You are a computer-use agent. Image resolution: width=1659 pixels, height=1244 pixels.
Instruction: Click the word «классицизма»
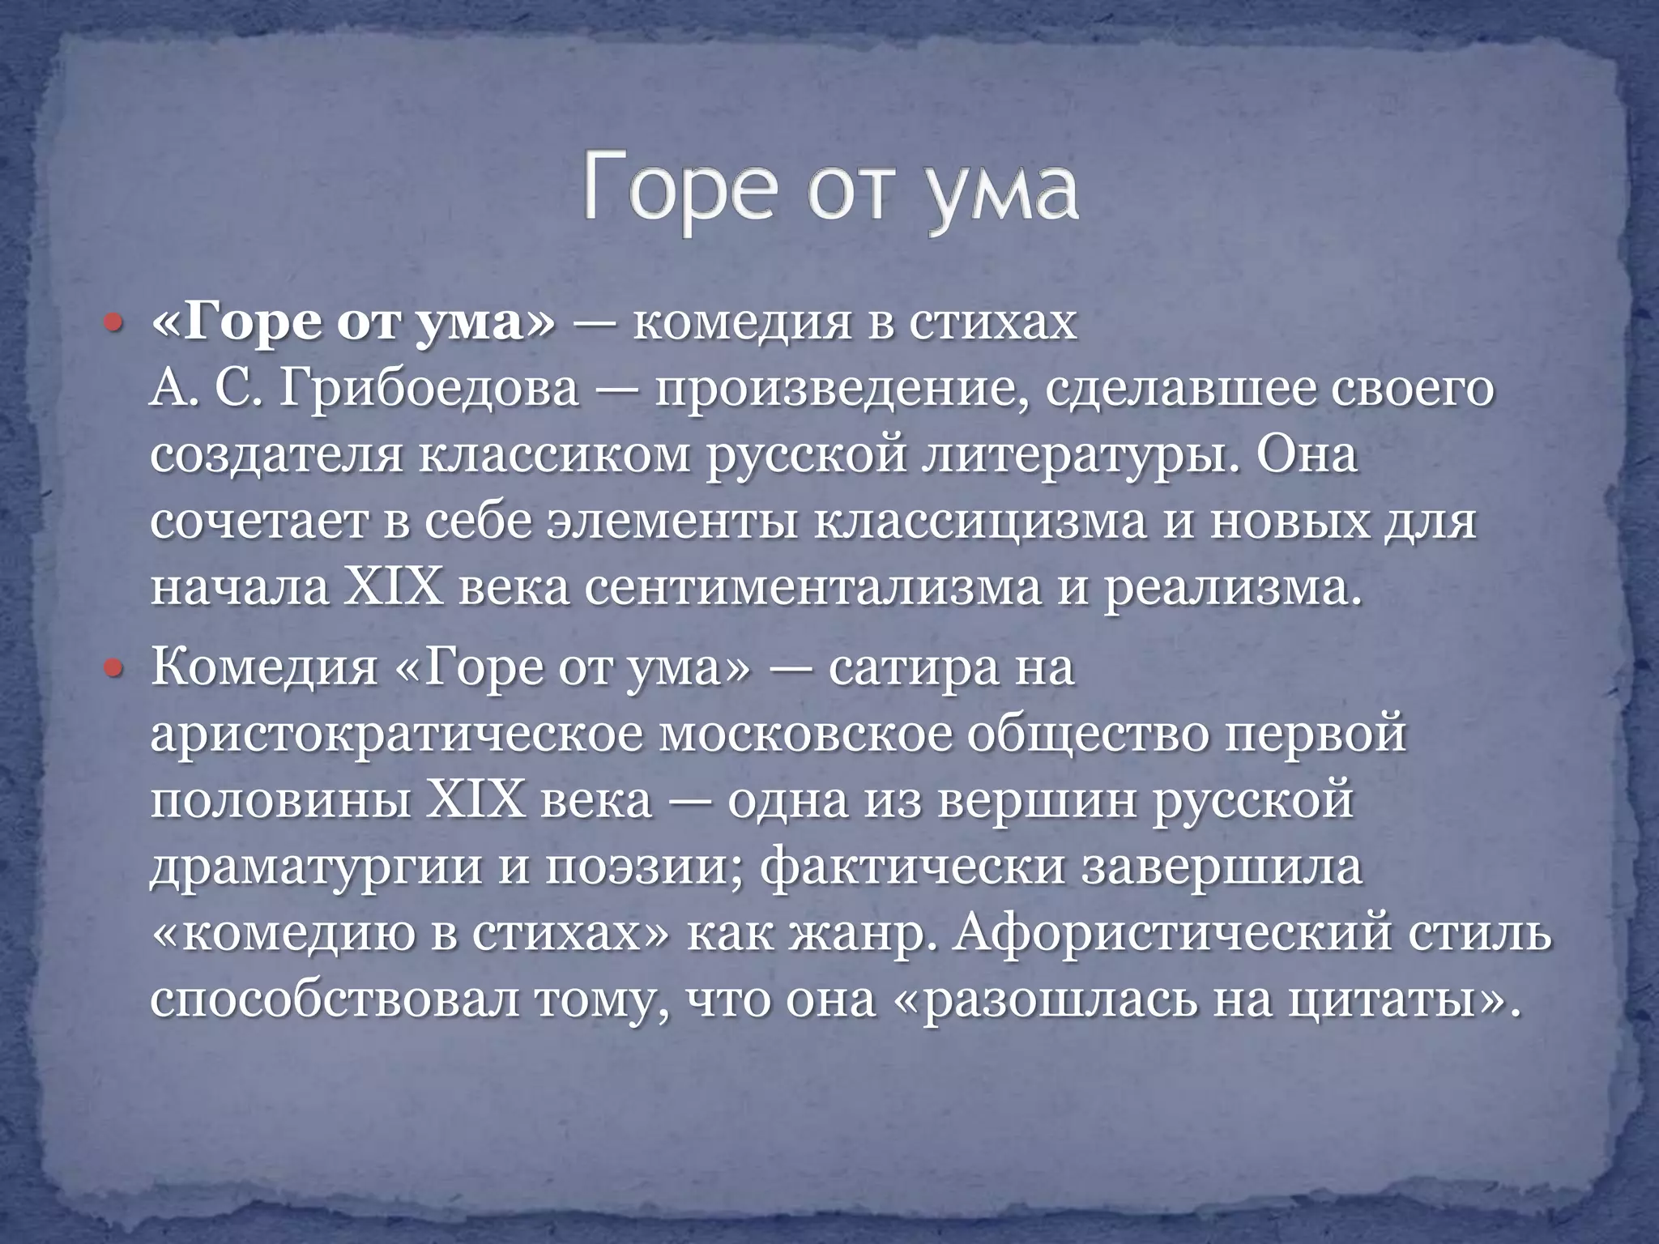pos(979,523)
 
